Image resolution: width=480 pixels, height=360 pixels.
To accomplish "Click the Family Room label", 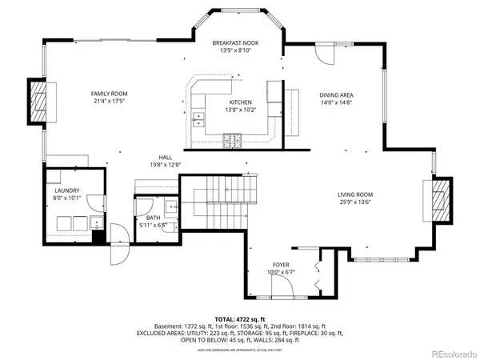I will [x=109, y=94].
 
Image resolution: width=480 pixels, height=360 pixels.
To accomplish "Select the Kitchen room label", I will [x=241, y=102].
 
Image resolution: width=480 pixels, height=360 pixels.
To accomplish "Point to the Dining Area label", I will [x=337, y=94].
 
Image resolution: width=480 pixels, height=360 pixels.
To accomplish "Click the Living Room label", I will [x=354, y=194].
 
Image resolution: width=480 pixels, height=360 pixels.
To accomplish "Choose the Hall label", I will [x=166, y=158].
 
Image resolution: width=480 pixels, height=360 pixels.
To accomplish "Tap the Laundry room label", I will [x=66, y=190].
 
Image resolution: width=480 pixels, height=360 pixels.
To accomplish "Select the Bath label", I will [x=153, y=218].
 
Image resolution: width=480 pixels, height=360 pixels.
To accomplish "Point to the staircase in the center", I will [x=219, y=200].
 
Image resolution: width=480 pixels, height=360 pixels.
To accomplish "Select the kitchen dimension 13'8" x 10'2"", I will [x=241, y=110].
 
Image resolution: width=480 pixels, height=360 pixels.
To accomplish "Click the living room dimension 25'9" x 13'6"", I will [x=354, y=202].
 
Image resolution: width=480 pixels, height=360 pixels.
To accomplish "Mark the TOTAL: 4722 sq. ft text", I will [x=240, y=318].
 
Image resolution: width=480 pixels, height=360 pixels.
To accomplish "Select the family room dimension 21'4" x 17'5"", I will [x=109, y=102].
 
